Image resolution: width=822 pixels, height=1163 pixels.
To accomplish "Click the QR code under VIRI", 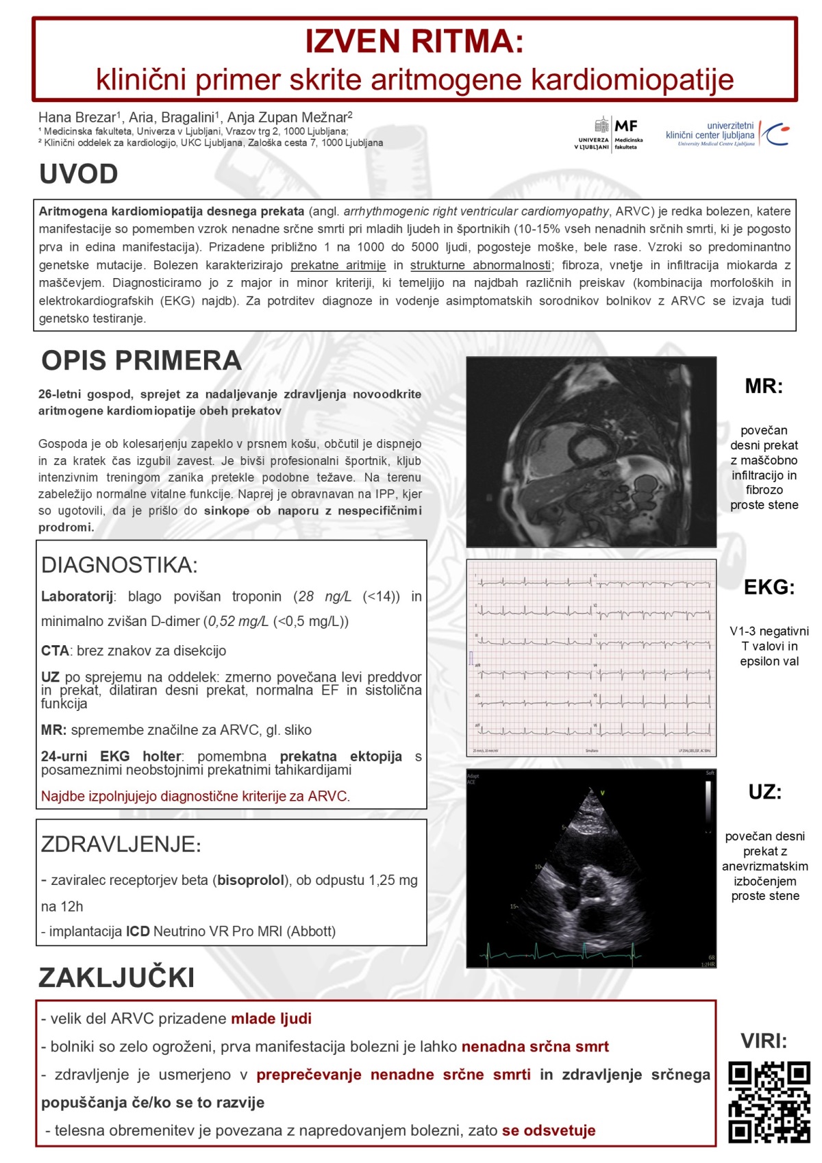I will [x=769, y=1102].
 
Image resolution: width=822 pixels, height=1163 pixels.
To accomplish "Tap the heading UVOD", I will [x=79, y=174].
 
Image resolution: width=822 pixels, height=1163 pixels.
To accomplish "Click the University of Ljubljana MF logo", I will [x=609, y=134].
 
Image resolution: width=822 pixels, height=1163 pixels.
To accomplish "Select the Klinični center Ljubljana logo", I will [x=727, y=134].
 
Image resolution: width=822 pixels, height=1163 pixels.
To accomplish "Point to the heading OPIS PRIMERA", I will [x=141, y=360].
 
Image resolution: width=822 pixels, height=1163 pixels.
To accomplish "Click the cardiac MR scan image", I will [x=591, y=451].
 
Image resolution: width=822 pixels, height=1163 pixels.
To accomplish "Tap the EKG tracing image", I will [x=591, y=658].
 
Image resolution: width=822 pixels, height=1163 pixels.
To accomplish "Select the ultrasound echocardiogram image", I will [x=591, y=868].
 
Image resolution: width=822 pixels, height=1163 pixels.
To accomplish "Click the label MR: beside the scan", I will [x=764, y=386].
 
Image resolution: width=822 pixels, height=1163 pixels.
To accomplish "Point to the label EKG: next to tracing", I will [x=769, y=587].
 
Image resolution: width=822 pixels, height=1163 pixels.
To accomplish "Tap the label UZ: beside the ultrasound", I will [x=765, y=792].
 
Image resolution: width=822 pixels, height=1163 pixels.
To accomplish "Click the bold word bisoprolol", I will [x=251, y=880].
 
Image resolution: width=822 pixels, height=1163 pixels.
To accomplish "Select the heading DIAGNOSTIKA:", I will [x=119, y=565].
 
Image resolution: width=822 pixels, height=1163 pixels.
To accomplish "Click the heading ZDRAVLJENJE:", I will [x=121, y=844].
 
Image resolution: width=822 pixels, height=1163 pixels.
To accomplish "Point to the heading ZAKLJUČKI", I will [x=116, y=977].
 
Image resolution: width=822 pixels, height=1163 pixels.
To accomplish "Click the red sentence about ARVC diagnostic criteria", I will [x=195, y=796].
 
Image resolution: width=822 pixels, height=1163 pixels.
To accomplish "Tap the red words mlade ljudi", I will [x=271, y=1018].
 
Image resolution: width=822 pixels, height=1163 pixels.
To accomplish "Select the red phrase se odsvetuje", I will [x=549, y=1130].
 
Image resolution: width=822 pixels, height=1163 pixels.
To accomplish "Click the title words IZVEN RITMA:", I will [x=414, y=41].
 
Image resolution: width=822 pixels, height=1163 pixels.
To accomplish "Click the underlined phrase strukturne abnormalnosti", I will [x=481, y=265].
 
